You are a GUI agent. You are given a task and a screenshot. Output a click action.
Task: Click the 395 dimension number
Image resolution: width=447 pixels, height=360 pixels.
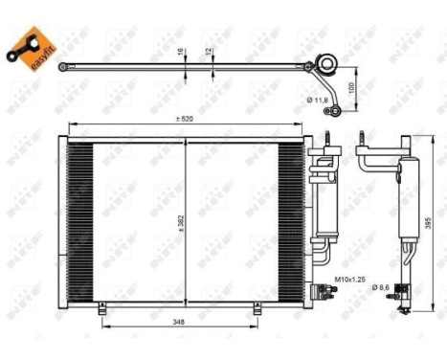pos(430,222)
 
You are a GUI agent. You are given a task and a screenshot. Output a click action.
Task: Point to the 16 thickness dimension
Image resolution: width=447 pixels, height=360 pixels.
pos(180,55)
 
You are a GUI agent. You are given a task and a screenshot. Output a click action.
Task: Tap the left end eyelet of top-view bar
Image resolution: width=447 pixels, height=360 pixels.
pos(62,67)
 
